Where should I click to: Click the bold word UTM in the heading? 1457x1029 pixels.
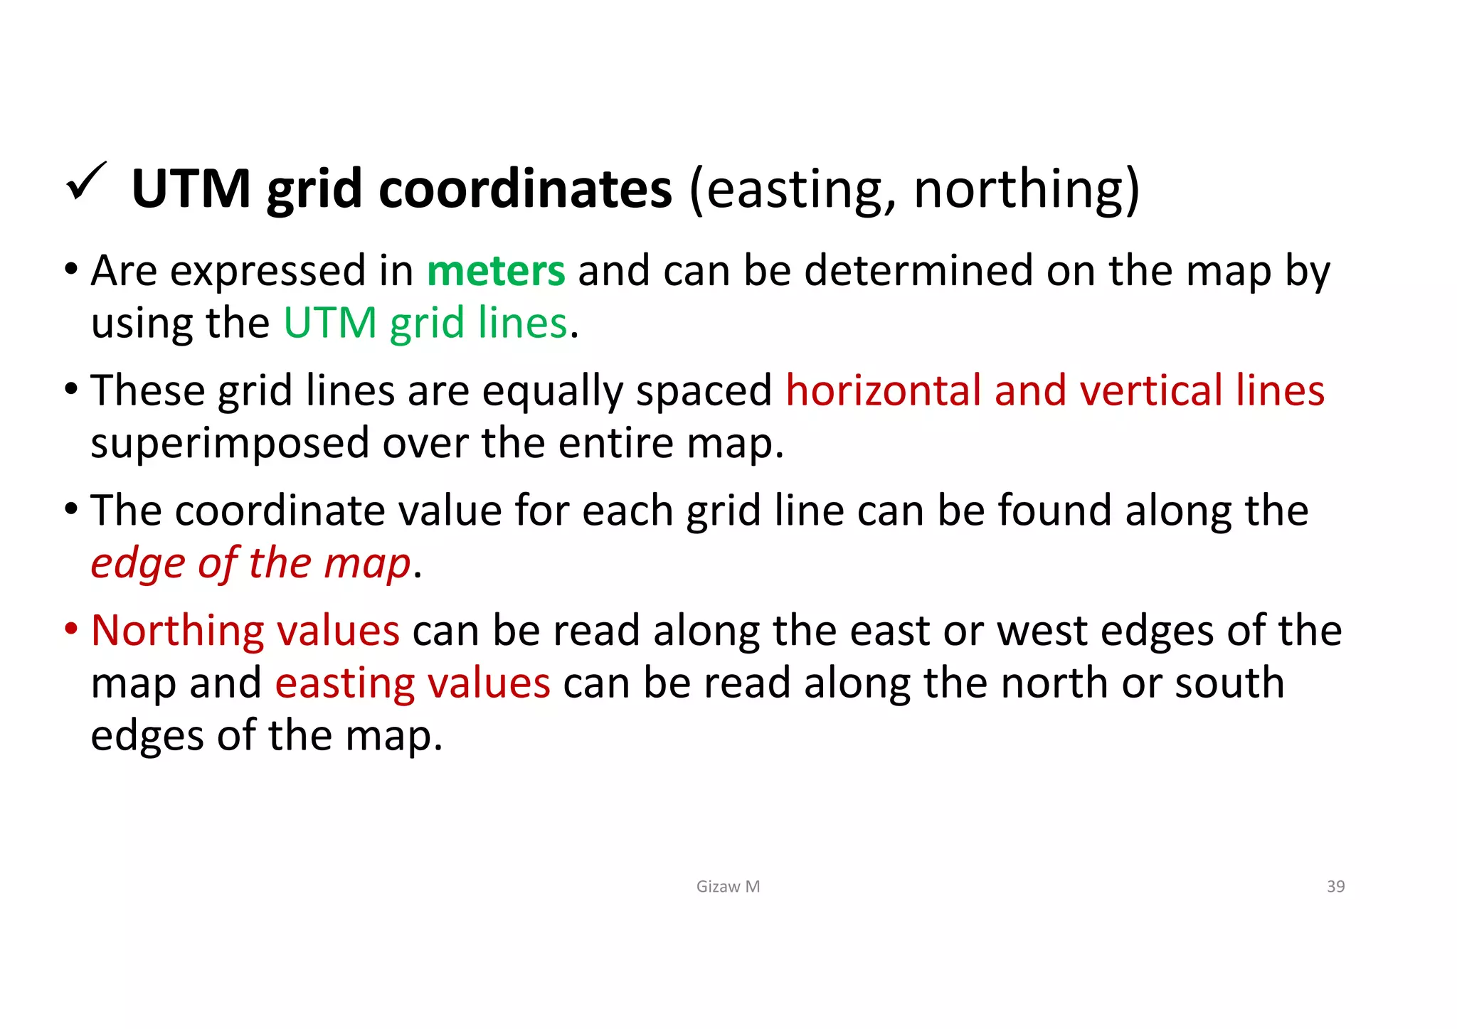point(191,189)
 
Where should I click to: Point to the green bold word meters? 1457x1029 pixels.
point(496,271)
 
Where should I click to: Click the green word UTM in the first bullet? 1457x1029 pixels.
point(329,323)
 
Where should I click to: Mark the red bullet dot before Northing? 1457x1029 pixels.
point(70,629)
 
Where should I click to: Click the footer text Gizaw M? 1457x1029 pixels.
point(728,887)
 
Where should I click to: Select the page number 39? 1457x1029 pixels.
point(1335,887)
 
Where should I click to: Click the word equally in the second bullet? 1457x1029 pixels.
point(551,392)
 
